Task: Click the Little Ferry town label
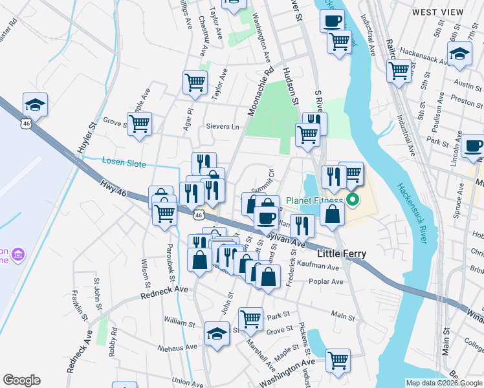coord(342,254)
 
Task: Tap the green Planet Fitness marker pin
coord(353,200)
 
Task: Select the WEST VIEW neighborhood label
coord(438,12)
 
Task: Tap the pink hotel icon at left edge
coord(17,253)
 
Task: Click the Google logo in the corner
coord(21,380)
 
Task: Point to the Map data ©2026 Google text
coord(444,382)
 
